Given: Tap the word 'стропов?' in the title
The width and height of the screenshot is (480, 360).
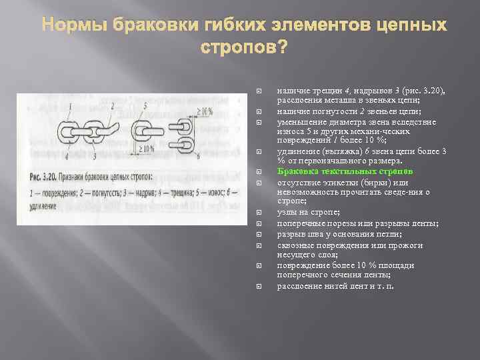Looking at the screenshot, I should coord(245,47).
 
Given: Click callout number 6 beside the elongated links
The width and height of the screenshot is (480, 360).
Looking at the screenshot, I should coord(198,157).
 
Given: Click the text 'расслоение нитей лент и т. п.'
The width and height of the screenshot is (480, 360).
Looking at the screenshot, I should coord(335,286).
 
